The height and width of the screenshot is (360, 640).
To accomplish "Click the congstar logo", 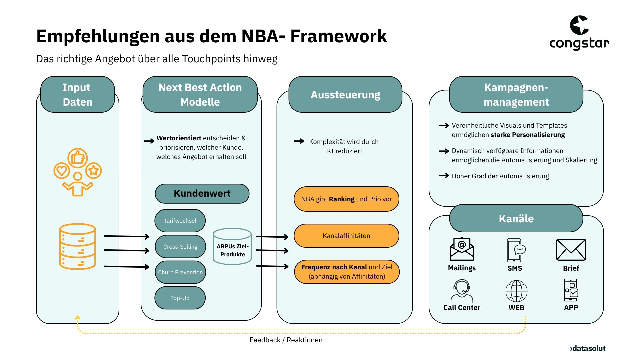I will (579, 33).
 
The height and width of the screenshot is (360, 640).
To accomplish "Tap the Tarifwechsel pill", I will (180, 221).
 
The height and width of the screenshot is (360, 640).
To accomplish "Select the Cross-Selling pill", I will (180, 247).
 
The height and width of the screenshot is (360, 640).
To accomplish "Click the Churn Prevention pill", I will (180, 272).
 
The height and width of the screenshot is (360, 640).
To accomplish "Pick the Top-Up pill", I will (180, 298).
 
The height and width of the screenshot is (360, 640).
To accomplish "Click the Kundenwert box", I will (202, 194).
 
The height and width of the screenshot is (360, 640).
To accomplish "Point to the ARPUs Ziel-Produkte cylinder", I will (232, 247).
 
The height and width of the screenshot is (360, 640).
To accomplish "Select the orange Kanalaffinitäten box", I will (346, 236).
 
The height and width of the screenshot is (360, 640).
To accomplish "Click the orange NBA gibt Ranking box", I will (346, 199).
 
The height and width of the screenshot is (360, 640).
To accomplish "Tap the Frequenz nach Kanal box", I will (347, 272).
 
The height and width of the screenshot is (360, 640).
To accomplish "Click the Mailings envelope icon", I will (462, 249).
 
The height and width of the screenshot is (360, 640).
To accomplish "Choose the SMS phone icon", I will (515, 250).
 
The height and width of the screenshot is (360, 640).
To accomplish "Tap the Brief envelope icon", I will (571, 250).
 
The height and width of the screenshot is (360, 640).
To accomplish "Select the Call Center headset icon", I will (462, 291).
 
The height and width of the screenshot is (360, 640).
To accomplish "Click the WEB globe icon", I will (516, 291).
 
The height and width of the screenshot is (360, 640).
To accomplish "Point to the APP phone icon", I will (571, 290).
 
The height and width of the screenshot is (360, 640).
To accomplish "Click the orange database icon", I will (78, 246).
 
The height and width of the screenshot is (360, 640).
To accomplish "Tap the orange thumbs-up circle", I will (78, 158).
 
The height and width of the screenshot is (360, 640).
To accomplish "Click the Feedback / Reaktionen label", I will (286, 340).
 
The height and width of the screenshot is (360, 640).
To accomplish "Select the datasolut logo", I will (587, 348).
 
